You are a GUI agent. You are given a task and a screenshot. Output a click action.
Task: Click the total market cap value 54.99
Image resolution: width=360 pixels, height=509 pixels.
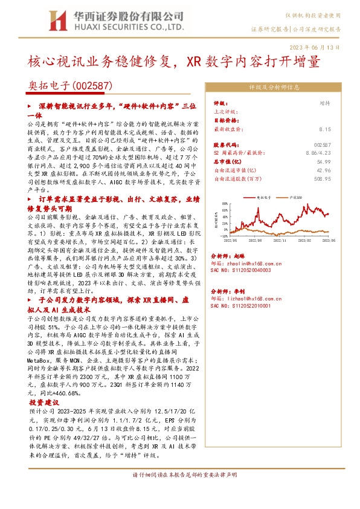tap(324, 162)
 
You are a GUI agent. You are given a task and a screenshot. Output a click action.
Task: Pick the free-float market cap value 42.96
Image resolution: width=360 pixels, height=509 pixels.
tap(324, 170)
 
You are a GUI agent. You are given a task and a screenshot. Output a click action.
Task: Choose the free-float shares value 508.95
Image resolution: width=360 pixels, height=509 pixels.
tap(323, 179)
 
